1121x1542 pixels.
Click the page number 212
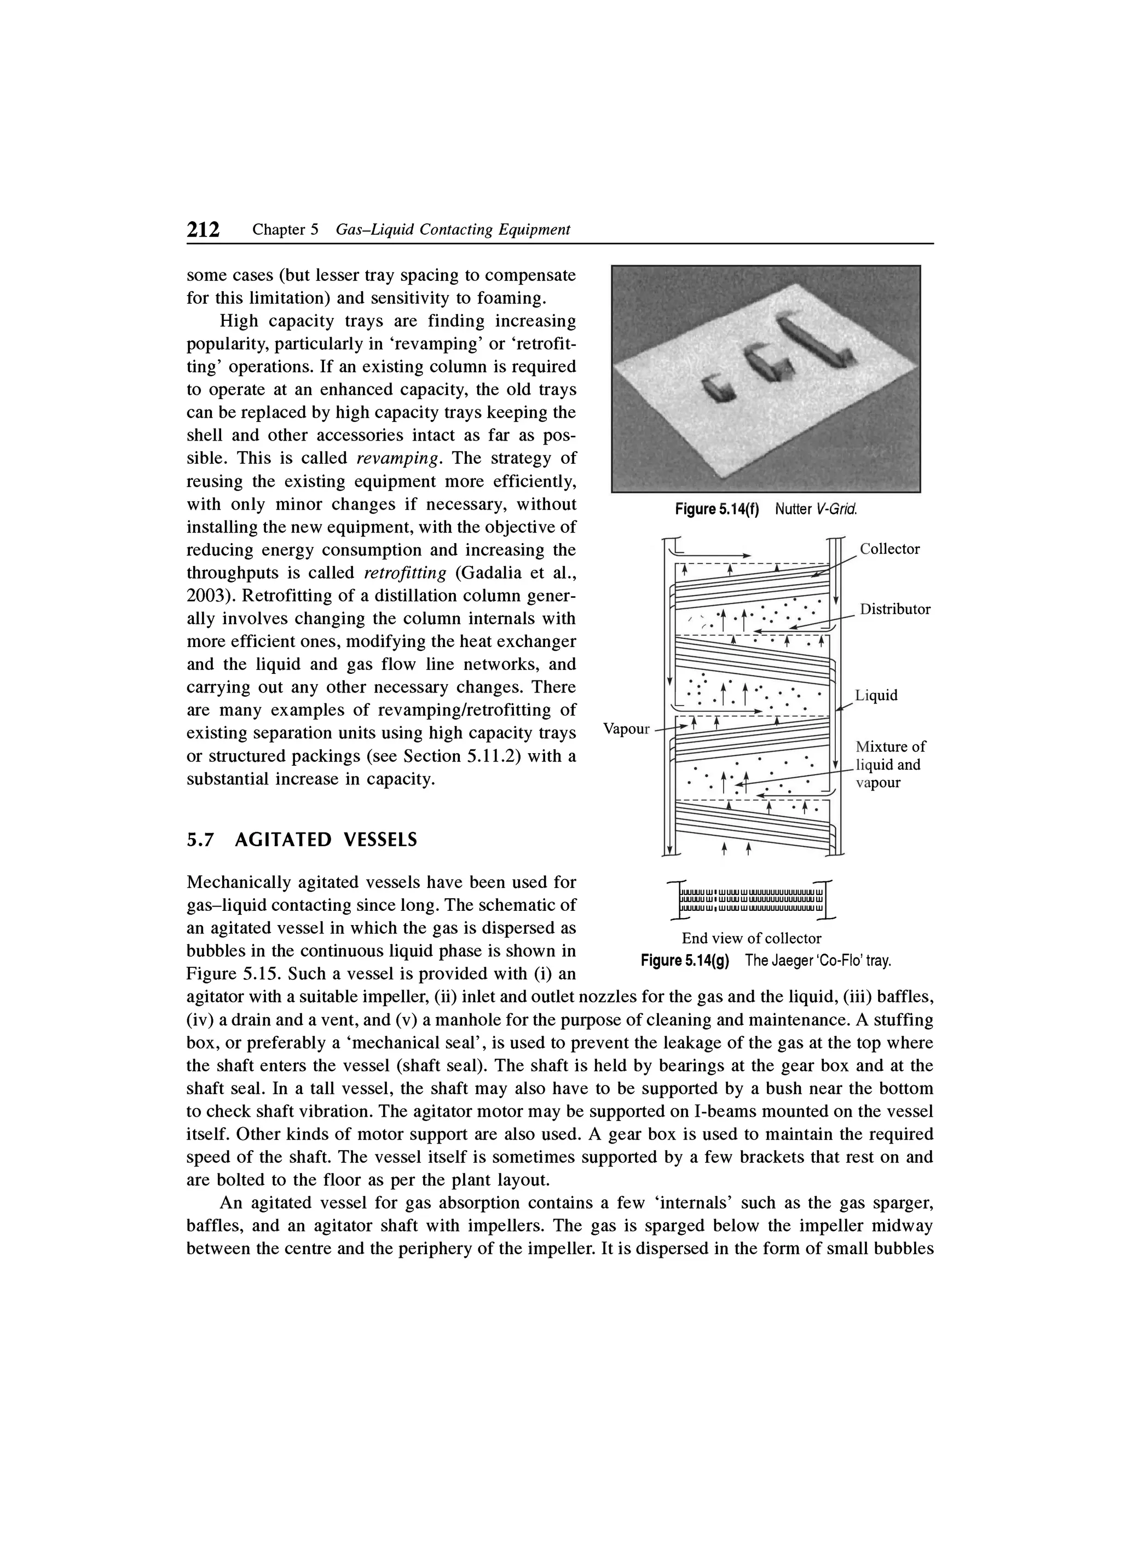pyautogui.click(x=203, y=230)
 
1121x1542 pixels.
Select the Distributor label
pyautogui.click(x=894, y=609)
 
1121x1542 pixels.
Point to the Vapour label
pyautogui.click(x=627, y=729)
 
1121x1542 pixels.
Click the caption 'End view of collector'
pyautogui.click(x=751, y=938)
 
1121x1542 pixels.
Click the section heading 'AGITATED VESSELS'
pyautogui.click(x=326, y=840)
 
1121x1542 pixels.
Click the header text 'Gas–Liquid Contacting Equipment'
pyautogui.click(x=453, y=230)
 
